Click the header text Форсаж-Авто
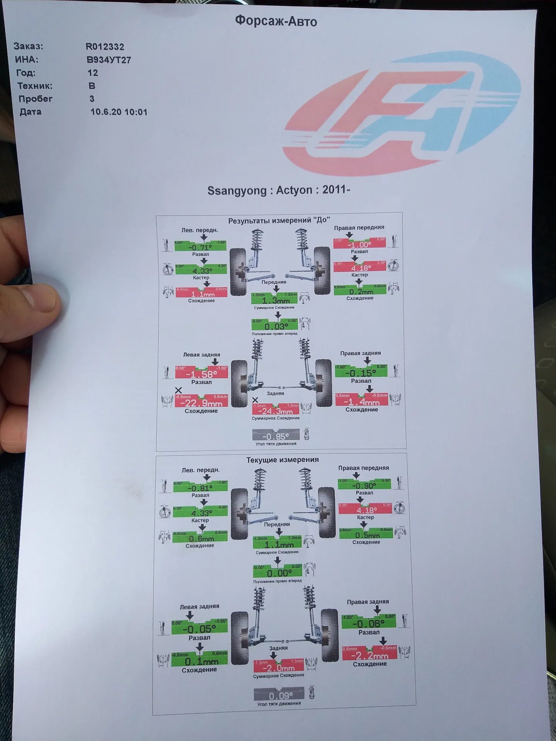(276, 21)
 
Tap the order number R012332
(105, 47)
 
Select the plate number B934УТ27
(109, 60)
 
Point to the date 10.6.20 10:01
(119, 112)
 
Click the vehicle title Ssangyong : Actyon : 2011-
(278, 190)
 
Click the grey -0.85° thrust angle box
(276, 435)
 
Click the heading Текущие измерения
(283, 460)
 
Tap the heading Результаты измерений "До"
(279, 220)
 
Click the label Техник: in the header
(35, 86)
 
